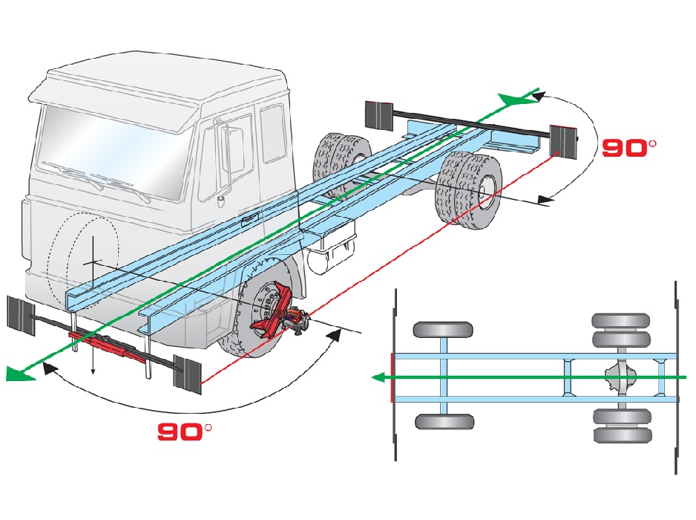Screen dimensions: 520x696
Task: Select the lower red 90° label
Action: click(185, 430)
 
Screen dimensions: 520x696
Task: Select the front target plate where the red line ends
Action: click(188, 374)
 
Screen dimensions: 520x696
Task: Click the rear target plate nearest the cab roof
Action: click(378, 112)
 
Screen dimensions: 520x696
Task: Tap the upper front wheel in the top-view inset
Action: click(443, 331)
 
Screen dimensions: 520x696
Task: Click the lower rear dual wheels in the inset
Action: click(621, 425)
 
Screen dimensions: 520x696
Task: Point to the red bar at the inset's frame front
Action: click(391, 377)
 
